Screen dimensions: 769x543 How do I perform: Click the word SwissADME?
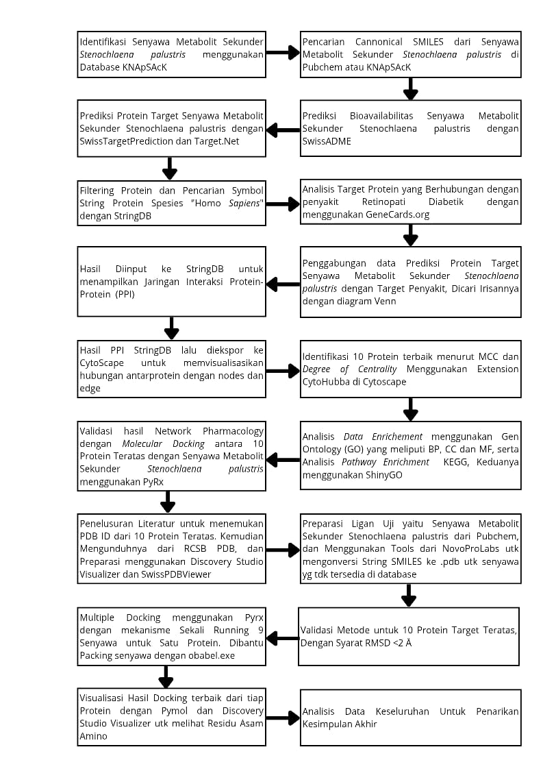[x=325, y=142]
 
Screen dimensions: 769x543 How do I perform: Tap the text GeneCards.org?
[x=396, y=215]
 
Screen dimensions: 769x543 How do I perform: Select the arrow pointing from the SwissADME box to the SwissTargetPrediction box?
[x=282, y=129]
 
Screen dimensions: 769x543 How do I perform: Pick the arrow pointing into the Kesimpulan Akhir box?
[x=282, y=718]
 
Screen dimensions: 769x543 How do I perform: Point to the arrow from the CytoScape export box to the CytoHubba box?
[x=282, y=371]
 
